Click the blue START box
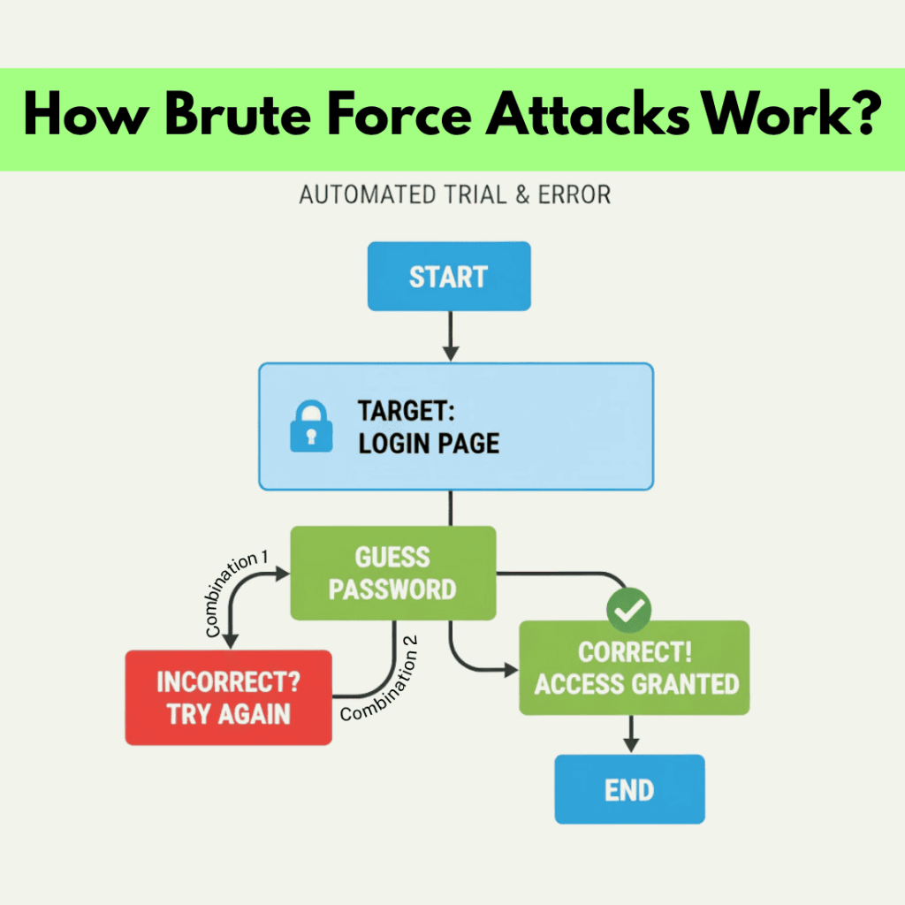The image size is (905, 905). pyautogui.click(x=448, y=277)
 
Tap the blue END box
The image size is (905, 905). pyautogui.click(x=628, y=789)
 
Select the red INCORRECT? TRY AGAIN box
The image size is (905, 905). pyautogui.click(x=228, y=698)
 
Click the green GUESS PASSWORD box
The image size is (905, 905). pyautogui.click(x=393, y=574)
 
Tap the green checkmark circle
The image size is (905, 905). pyautogui.click(x=628, y=608)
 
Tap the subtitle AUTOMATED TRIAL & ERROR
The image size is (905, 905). pyautogui.click(x=454, y=194)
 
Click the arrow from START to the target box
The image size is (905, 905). pyautogui.click(x=451, y=338)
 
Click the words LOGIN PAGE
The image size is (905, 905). pyautogui.click(x=429, y=442)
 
